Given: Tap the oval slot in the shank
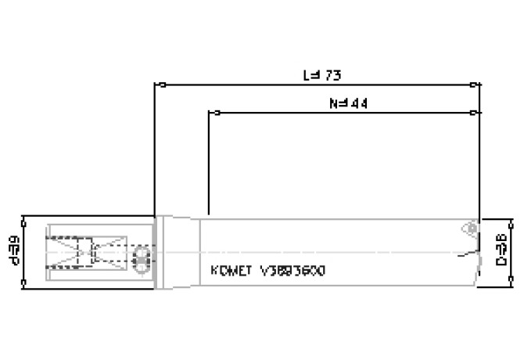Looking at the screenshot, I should click(142, 261).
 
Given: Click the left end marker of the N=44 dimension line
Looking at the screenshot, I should click(210, 113).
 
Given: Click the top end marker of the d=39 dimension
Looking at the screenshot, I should click(27, 216).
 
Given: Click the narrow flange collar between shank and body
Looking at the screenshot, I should click(160, 252).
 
